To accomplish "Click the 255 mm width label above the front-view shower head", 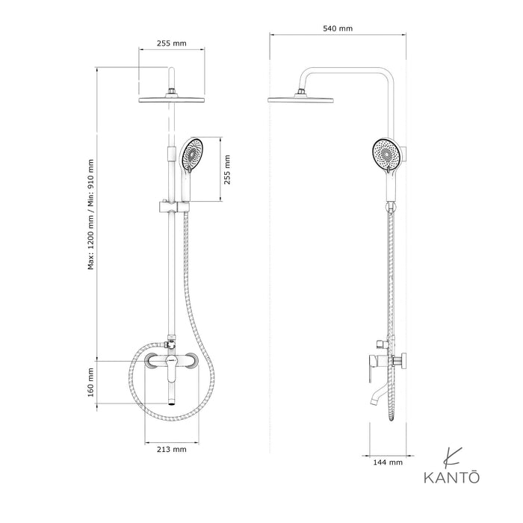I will pos(173,43).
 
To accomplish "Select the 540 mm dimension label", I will pos(338,28).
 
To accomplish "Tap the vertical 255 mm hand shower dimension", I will pos(228,169).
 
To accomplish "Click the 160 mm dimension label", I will pos(90,382).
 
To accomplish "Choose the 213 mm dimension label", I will pos(173,450).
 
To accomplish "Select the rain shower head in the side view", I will pos(300,100).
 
